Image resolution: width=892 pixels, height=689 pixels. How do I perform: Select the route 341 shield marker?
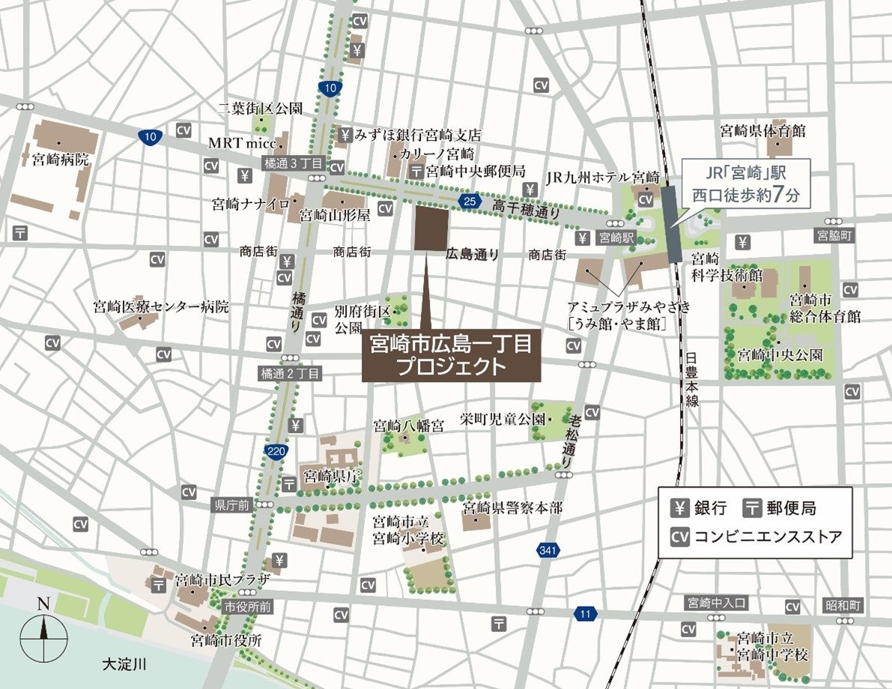pyautogui.click(x=548, y=551)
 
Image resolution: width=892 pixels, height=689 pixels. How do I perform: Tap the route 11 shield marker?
pyautogui.click(x=586, y=614)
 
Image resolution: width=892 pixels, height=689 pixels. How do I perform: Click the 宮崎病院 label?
pyautogui.click(x=61, y=160)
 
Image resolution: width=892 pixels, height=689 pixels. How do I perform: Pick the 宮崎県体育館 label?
pyautogui.click(x=763, y=131)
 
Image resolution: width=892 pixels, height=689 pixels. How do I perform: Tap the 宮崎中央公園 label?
pyautogui.click(x=780, y=353)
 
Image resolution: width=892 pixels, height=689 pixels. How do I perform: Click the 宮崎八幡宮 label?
pyautogui.click(x=409, y=426)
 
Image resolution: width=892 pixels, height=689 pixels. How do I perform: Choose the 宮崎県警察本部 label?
pyautogui.click(x=512, y=509)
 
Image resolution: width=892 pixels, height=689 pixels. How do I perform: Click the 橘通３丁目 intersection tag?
pyautogui.click(x=292, y=163)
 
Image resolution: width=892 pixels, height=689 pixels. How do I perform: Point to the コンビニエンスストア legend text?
pyautogui.click(x=768, y=536)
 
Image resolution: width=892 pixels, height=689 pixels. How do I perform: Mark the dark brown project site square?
pyautogui.click(x=431, y=228)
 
